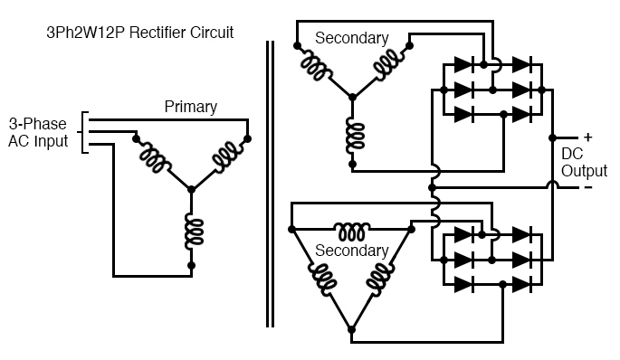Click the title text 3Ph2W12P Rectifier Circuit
pyautogui.click(x=140, y=33)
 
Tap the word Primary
pyautogui.click(x=190, y=107)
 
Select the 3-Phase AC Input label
pyautogui.click(x=38, y=132)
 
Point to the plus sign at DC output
pyautogui.click(x=587, y=137)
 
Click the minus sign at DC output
pyautogui.click(x=587, y=187)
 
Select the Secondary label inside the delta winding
pyautogui.click(x=351, y=251)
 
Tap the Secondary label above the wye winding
pyautogui.click(x=351, y=38)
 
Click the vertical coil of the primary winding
pyautogui.click(x=191, y=232)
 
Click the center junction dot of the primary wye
pyautogui.click(x=191, y=189)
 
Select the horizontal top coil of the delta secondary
pyautogui.click(x=352, y=227)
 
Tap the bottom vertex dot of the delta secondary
pyautogui.click(x=352, y=328)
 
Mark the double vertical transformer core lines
pyautogui.click(x=270, y=181)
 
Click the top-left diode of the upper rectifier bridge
pyautogui.click(x=462, y=65)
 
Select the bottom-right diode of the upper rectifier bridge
pyautogui.click(x=522, y=114)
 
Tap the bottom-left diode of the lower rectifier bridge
pyautogui.click(x=462, y=284)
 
